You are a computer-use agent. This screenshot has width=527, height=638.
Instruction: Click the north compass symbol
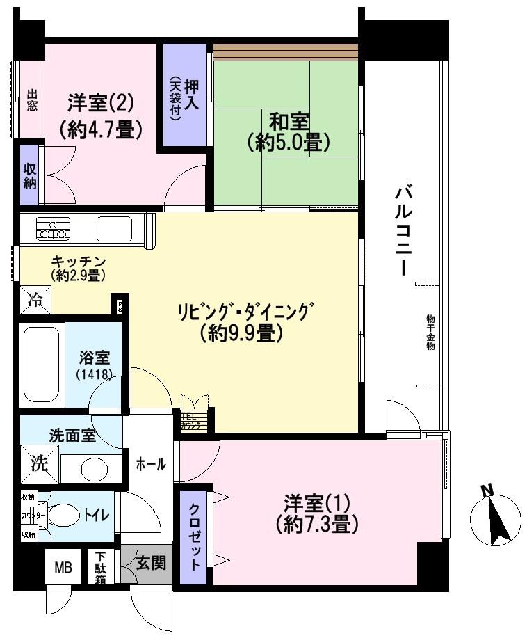click(495, 519)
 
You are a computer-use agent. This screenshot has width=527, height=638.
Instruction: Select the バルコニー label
click(403, 230)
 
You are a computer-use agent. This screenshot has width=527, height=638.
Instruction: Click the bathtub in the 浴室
click(42, 366)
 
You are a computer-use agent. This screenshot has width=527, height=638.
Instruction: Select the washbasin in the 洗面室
click(92, 468)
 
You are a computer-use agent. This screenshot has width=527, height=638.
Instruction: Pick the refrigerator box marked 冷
click(34, 301)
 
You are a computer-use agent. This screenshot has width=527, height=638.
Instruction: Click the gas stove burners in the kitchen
click(53, 228)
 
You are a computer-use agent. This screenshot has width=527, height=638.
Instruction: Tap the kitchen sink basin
click(114, 228)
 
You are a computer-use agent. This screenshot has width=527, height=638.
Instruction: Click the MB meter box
click(63, 568)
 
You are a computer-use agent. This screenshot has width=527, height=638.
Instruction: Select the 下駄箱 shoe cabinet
click(101, 568)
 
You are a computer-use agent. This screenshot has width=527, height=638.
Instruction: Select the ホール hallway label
click(150, 464)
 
